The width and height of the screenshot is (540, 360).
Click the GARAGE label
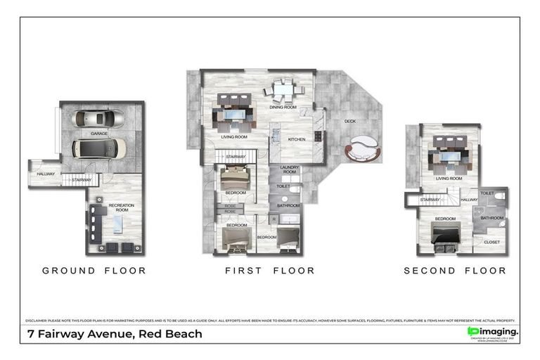pyautogui.click(x=98, y=133)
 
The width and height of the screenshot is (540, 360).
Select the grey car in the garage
pyautogui.click(x=99, y=117)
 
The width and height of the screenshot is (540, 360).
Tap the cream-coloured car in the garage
pyautogui.click(x=100, y=148)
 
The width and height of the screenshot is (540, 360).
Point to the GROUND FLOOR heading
pyautogui.click(x=94, y=271)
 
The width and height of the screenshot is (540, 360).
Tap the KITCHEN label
pyautogui.click(x=297, y=139)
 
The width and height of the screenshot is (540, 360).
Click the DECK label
pyautogui.click(x=349, y=120)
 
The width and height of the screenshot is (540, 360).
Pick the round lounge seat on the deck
pyautogui.click(x=362, y=149)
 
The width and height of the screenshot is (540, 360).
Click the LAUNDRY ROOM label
pyautogui.click(x=290, y=169)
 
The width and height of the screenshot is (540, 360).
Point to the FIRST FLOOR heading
pyautogui.click(x=269, y=271)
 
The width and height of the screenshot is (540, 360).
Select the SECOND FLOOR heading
pyautogui.click(x=454, y=271)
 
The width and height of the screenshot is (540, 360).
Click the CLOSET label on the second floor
pyautogui.click(x=491, y=242)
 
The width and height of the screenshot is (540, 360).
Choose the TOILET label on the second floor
pyautogui.click(x=487, y=193)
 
